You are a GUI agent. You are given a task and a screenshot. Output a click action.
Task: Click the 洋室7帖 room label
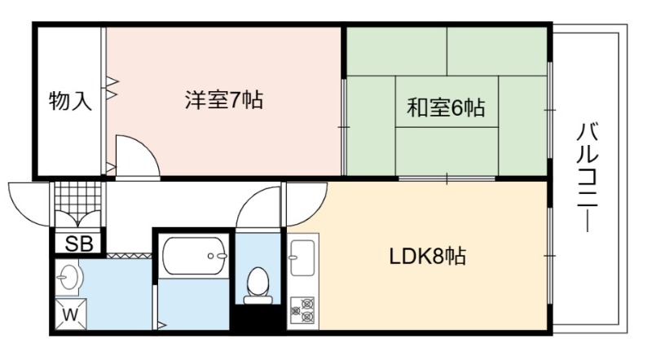click(222, 101)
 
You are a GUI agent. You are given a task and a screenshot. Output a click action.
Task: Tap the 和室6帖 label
click(447, 107)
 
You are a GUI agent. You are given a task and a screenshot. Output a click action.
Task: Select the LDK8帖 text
click(426, 257)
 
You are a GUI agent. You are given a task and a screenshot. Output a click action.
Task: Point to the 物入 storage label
click(70, 102)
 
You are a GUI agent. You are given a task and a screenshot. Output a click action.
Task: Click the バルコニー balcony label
click(588, 176)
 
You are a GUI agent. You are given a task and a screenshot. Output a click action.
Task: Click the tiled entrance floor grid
click(79, 198)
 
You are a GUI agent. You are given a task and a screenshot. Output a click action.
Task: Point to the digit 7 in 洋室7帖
click(235, 101)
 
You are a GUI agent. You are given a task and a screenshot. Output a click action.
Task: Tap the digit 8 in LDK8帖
click(441, 257)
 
